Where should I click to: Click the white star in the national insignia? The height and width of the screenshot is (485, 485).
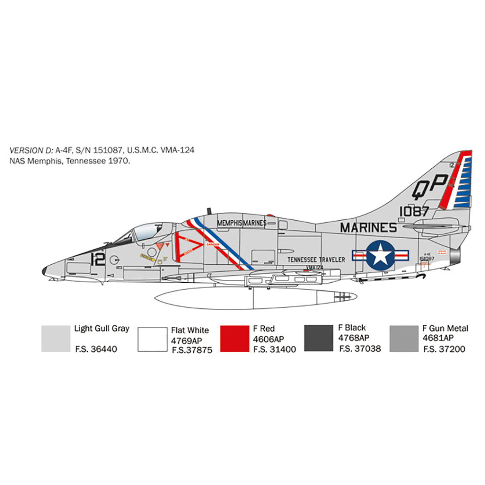(x=380, y=254)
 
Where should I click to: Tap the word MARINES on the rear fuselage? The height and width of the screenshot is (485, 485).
(x=368, y=227)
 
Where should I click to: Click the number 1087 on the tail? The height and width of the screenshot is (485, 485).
(x=414, y=211)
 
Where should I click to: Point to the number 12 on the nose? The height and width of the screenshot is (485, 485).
(x=97, y=259)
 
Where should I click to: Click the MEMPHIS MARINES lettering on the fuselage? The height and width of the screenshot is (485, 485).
(x=242, y=223)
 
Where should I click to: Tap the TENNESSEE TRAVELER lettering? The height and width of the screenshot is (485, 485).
(x=316, y=259)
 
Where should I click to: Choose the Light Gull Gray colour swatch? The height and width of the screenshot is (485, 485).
(x=55, y=338)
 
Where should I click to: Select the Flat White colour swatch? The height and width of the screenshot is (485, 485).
(x=152, y=339)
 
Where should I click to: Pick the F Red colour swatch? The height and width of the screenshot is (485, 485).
(x=235, y=338)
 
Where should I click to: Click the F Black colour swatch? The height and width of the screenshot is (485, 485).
(x=318, y=338)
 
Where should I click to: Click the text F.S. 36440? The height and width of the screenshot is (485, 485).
(x=96, y=349)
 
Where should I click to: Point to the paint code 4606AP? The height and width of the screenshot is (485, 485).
(x=268, y=339)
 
